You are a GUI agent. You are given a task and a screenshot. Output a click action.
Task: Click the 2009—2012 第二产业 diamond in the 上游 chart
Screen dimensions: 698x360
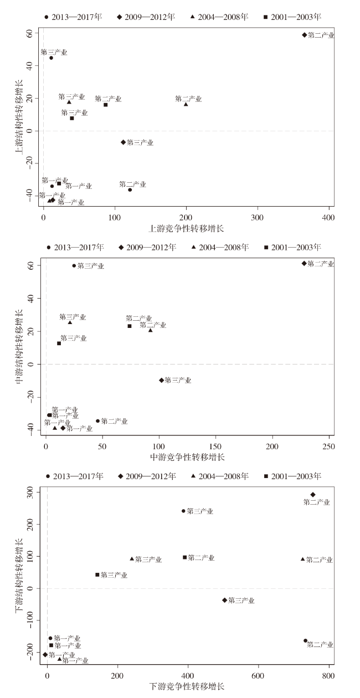pyautogui.click(x=304, y=35)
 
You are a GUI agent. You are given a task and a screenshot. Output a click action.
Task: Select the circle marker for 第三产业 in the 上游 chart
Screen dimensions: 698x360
pyautogui.click(x=52, y=58)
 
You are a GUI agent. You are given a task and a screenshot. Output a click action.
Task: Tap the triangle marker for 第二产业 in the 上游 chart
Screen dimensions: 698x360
pyautogui.click(x=186, y=104)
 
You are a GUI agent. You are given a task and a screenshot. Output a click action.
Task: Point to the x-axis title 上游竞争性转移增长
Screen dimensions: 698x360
pyautogui.click(x=187, y=228)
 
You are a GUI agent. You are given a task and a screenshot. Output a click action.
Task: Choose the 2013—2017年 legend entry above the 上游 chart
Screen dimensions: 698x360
pyautogui.click(x=73, y=17)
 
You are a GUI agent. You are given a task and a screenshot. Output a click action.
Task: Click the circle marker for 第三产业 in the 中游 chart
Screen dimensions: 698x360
pyautogui.click(x=74, y=266)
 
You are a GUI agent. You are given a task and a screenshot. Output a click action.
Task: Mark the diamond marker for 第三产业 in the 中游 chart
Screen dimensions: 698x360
pyautogui.click(x=162, y=380)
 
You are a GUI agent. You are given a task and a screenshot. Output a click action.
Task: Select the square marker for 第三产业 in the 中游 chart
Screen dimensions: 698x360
pyautogui.click(x=59, y=343)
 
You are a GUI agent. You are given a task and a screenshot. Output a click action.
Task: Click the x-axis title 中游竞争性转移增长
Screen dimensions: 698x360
pyautogui.click(x=187, y=457)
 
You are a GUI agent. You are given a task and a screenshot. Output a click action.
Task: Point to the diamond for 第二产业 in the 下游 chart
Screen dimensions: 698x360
pyautogui.click(x=313, y=495)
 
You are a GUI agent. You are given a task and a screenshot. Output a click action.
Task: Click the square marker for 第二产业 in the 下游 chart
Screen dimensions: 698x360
pyautogui.click(x=184, y=557)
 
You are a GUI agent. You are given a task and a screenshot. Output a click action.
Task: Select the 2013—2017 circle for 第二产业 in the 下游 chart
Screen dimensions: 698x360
pyautogui.click(x=305, y=641)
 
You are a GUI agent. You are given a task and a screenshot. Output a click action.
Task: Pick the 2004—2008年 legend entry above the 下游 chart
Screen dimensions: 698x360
pyautogui.click(x=218, y=476)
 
